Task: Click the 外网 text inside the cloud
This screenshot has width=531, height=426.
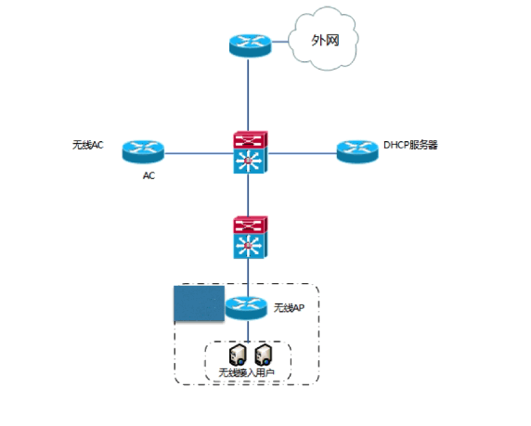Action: click(325, 40)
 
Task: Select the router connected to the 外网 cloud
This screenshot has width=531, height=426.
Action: click(251, 45)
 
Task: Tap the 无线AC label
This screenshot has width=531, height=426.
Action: click(87, 145)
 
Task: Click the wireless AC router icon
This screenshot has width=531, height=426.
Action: click(143, 151)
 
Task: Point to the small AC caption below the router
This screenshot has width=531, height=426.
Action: click(149, 175)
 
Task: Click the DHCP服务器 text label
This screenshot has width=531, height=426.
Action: click(410, 145)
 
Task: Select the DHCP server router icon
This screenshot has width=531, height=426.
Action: click(357, 151)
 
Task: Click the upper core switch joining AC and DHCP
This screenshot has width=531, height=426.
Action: click(251, 152)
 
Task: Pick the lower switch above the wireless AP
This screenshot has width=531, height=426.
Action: click(251, 238)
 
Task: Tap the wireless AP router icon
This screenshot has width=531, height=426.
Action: click(247, 308)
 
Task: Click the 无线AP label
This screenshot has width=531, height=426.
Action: click(289, 308)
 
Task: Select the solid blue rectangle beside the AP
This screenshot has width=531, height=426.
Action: click(199, 303)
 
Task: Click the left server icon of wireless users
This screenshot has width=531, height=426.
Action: click(238, 355)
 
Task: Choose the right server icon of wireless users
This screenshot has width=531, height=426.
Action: click(264, 355)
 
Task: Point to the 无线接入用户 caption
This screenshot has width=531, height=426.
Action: click(247, 372)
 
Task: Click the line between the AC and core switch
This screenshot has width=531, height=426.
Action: click(199, 153)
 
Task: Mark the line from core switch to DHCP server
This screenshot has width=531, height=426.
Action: click(303, 153)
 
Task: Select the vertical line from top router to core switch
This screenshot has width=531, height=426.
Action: click(248, 95)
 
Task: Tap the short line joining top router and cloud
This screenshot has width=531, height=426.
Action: click(280, 42)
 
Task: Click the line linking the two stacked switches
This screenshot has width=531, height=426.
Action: click(248, 195)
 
